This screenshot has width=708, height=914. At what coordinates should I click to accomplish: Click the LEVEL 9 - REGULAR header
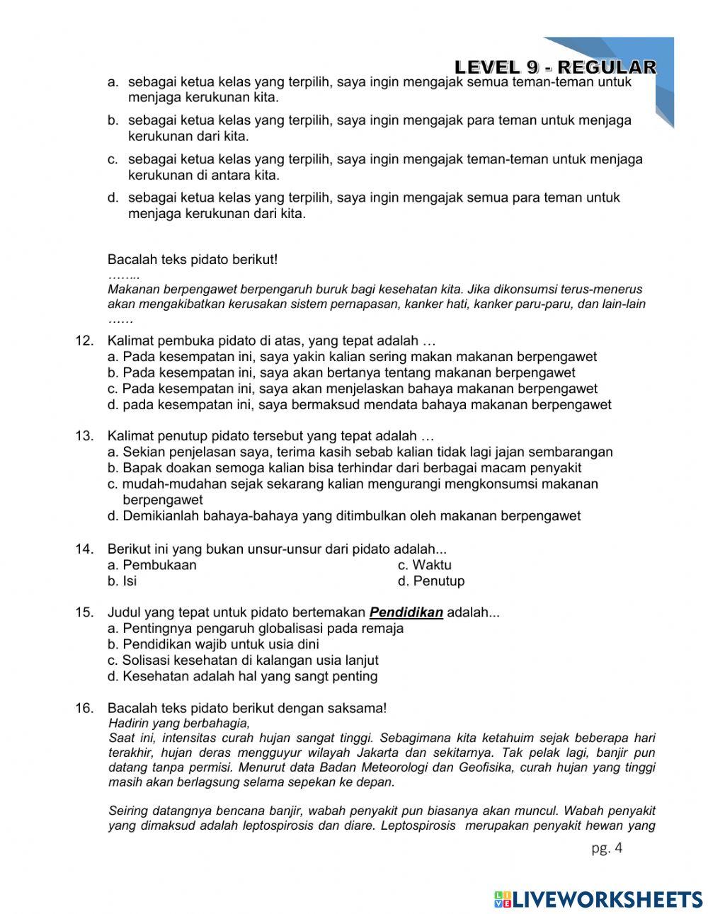click(x=555, y=67)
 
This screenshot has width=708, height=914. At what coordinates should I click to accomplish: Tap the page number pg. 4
click(x=607, y=848)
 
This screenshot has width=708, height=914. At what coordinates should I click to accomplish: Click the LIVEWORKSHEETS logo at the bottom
click(x=598, y=899)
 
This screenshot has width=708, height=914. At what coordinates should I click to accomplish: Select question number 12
click(x=84, y=341)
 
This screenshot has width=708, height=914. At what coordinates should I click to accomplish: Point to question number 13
click(x=84, y=435)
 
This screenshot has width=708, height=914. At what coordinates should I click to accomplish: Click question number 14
click(x=84, y=549)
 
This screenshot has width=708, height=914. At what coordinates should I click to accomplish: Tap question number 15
click(x=84, y=612)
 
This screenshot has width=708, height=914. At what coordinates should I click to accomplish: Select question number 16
click(x=84, y=708)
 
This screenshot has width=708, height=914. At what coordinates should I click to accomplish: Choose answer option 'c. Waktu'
click(x=424, y=565)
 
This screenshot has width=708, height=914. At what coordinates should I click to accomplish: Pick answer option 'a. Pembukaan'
click(x=152, y=565)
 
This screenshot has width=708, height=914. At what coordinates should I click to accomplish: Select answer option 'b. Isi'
click(x=122, y=581)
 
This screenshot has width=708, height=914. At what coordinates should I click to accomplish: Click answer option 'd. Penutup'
click(x=431, y=581)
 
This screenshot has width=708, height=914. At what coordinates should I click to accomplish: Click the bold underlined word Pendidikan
click(x=406, y=612)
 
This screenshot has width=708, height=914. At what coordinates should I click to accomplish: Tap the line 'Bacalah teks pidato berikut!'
click(x=193, y=259)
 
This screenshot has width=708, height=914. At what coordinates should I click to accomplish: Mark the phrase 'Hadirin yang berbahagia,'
click(x=179, y=723)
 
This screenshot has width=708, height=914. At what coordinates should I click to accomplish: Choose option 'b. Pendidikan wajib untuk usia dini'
click(x=213, y=644)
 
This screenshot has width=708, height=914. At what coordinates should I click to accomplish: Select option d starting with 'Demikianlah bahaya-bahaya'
click(x=344, y=516)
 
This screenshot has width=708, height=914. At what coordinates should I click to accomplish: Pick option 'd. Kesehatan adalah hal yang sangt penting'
click(x=243, y=676)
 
